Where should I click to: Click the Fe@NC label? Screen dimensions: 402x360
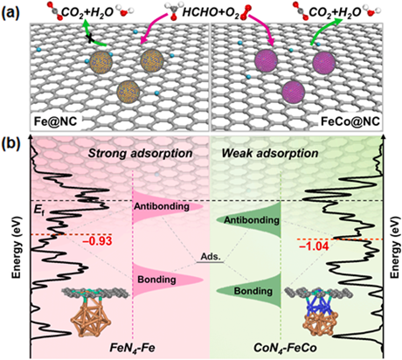[x=55, y=121]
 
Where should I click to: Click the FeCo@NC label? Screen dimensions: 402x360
[x=350, y=121]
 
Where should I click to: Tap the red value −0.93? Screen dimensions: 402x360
[x=98, y=241]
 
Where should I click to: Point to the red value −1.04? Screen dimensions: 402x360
[x=314, y=246]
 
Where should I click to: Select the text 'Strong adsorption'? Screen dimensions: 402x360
[x=140, y=154]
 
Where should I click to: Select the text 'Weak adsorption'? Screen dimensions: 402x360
[x=270, y=153]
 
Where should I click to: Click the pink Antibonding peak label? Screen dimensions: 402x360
[x=162, y=206]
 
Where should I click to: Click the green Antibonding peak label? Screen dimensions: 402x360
[x=252, y=220]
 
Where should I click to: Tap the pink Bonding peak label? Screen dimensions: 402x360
[x=156, y=280]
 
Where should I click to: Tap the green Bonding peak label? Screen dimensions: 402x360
[x=253, y=291]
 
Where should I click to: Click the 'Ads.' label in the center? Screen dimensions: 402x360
[x=210, y=257]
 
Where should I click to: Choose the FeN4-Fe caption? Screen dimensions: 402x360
[x=132, y=348]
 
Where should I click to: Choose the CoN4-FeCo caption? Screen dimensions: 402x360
[x=285, y=348]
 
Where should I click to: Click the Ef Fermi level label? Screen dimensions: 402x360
[x=38, y=211]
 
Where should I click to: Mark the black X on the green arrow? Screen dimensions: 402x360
[x=91, y=38]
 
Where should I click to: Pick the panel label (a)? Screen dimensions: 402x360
[x=11, y=12]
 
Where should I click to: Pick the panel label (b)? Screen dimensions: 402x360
[x=11, y=143]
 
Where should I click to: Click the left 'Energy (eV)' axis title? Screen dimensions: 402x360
[x=17, y=247]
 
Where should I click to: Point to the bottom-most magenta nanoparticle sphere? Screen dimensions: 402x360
[x=294, y=92]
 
